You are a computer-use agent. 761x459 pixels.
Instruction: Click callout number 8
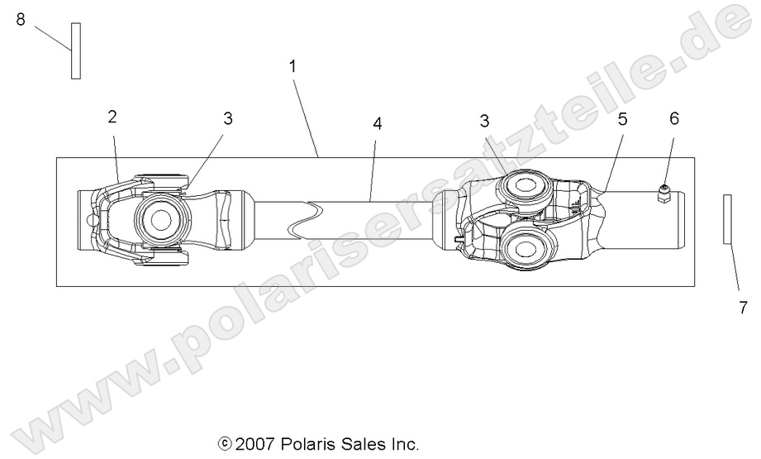21,19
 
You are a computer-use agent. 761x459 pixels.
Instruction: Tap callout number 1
293,65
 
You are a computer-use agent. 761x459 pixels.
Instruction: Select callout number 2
112,116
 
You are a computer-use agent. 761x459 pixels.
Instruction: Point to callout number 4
377,123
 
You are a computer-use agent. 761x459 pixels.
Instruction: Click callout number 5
622,119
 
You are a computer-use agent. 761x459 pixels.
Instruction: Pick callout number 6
673,118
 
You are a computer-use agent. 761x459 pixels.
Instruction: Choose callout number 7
743,308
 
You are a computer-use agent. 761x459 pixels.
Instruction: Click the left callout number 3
227,118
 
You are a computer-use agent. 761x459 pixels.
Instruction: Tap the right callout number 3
485,121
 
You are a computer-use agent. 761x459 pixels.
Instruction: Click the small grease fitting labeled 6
663,194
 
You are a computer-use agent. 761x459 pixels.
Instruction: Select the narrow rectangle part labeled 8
75,50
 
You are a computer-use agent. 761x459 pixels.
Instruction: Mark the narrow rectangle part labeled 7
727,219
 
